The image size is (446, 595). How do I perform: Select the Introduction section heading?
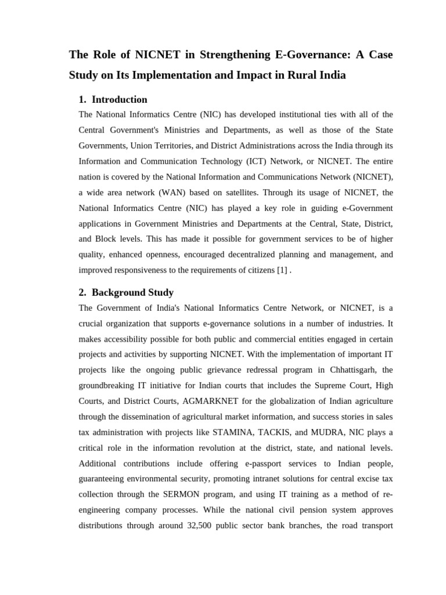tap(119, 99)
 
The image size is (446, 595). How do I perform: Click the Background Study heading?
tap(132, 292)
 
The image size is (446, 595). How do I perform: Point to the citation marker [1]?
tap(282, 270)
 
